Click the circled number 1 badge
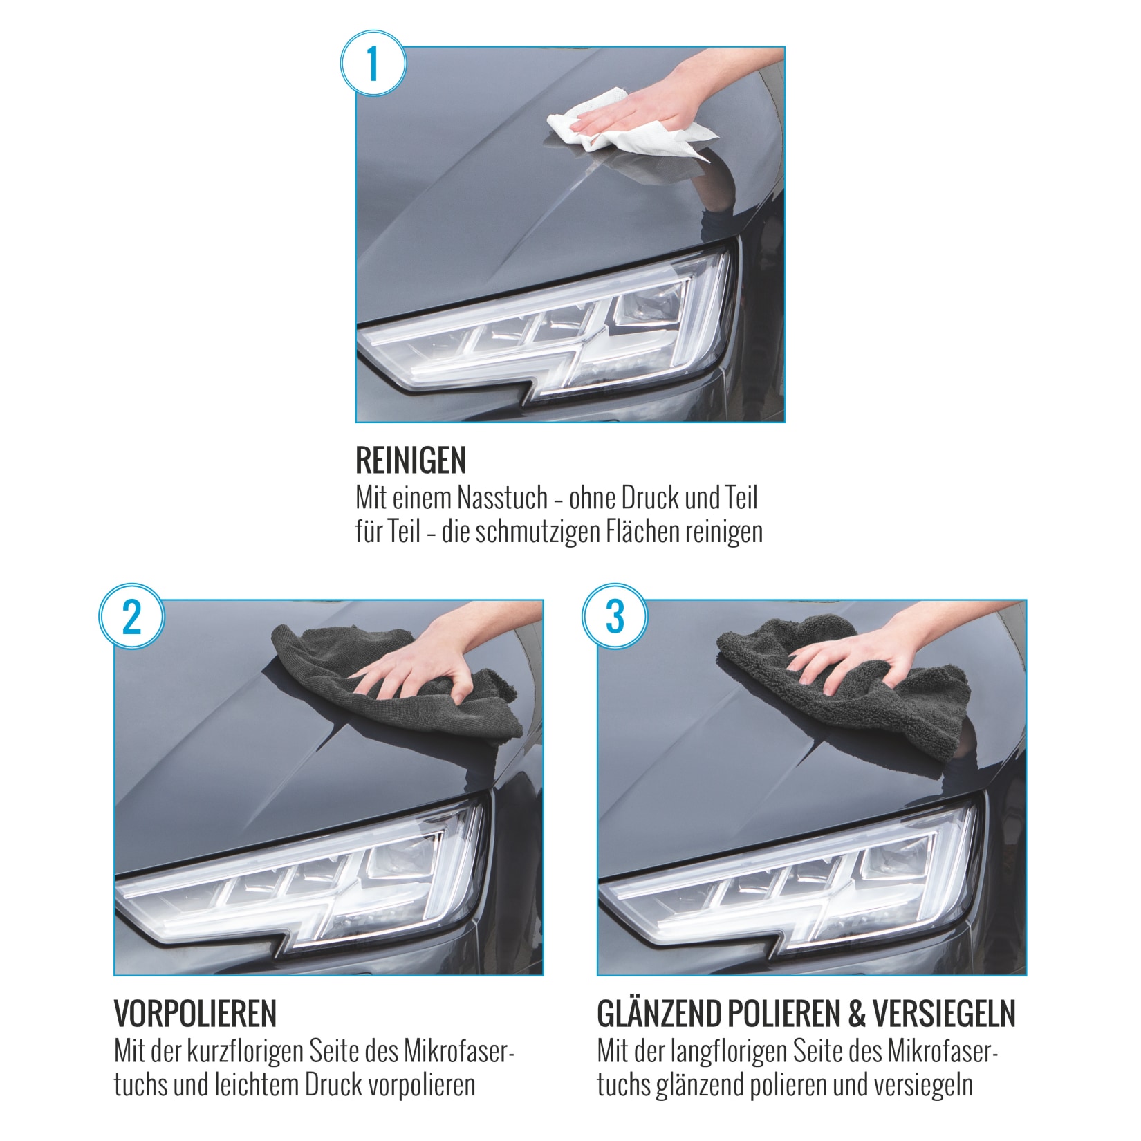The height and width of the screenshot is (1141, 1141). (373, 63)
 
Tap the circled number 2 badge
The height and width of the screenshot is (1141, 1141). (131, 616)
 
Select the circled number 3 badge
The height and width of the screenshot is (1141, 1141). (615, 616)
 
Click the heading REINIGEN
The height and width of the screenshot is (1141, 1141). (411, 461)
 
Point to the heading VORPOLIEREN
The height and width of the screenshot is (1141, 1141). (195, 1014)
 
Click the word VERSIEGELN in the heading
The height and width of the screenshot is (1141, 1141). (945, 1014)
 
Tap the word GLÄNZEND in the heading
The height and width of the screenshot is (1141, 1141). (660, 1014)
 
